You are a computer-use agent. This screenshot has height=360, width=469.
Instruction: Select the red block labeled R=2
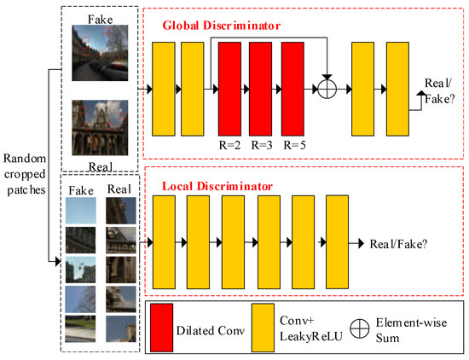[231, 88]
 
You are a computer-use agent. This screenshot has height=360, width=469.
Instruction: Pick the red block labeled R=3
[262, 88]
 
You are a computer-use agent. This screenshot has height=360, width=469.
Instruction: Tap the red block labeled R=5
[293, 88]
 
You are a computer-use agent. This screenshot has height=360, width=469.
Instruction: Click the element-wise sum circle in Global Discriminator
[329, 89]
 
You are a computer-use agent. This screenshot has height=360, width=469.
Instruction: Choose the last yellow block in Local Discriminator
[339, 244]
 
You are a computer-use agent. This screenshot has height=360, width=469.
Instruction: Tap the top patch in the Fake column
[78, 210]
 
